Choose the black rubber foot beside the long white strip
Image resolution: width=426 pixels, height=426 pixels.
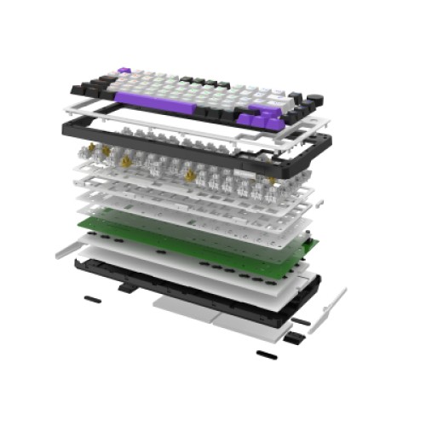301,321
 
